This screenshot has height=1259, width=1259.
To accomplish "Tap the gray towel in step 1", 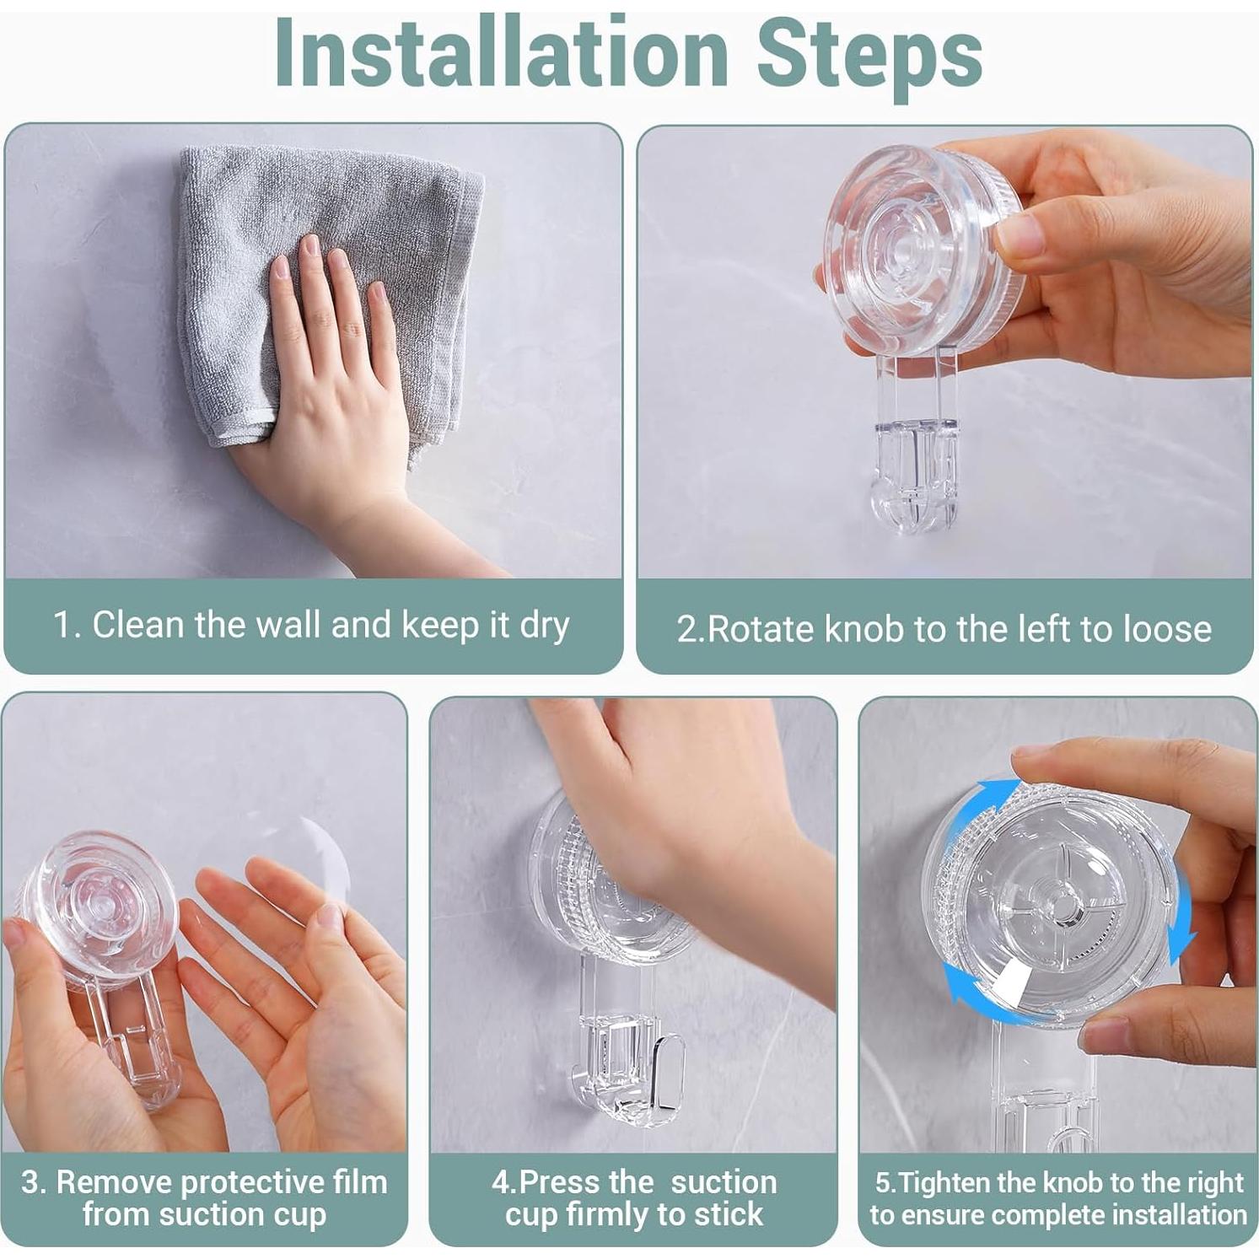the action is pos(329,287).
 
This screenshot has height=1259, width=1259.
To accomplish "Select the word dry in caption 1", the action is pos(545,627).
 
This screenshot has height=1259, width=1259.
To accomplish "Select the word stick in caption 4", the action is pos(726,1214).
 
